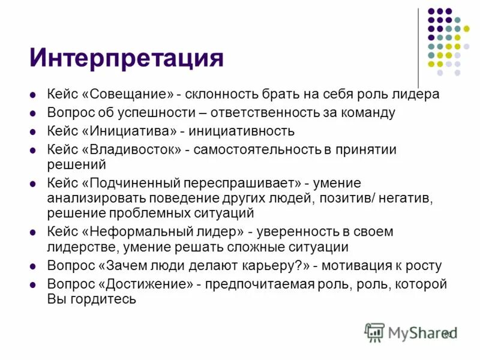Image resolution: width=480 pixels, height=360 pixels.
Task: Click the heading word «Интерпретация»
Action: [127, 59]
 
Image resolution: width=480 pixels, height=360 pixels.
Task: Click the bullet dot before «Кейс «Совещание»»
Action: [33, 95]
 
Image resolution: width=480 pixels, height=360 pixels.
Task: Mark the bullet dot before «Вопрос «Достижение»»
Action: [33, 284]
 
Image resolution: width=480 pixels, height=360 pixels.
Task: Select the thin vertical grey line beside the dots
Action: [418, 48]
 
